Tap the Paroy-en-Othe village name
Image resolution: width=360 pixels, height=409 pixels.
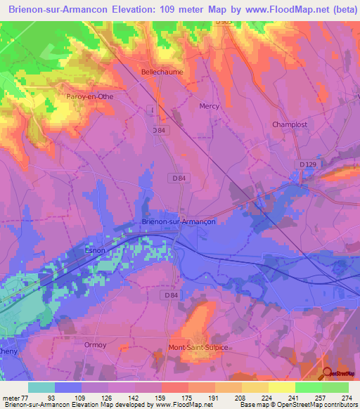(89, 96)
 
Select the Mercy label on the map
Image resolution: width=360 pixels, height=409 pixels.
(210, 107)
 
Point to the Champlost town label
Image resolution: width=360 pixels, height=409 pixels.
(290, 124)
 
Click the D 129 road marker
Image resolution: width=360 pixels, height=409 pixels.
(307, 164)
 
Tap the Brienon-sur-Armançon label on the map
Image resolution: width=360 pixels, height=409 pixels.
(179, 221)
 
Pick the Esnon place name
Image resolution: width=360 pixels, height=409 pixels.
(95, 249)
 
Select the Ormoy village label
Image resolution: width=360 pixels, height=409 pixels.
(94, 344)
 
